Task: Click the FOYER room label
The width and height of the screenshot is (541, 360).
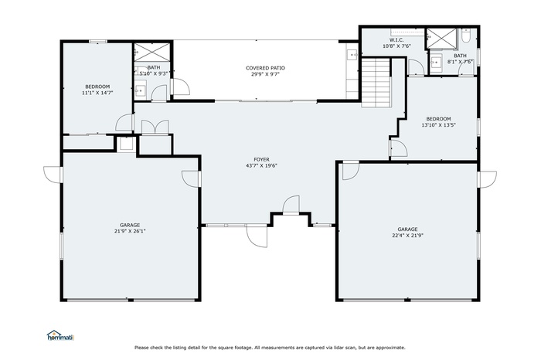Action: point(261,160)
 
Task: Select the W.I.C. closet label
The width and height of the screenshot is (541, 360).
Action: point(396,40)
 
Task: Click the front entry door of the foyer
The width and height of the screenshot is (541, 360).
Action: point(291,205)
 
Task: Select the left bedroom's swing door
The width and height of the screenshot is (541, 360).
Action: point(124,122)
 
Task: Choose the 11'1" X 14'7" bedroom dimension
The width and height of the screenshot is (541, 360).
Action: point(97,92)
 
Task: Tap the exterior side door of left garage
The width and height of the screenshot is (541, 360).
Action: point(52,175)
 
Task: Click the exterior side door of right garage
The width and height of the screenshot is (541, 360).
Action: point(487,179)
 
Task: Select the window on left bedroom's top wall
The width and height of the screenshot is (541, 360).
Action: point(97,41)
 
